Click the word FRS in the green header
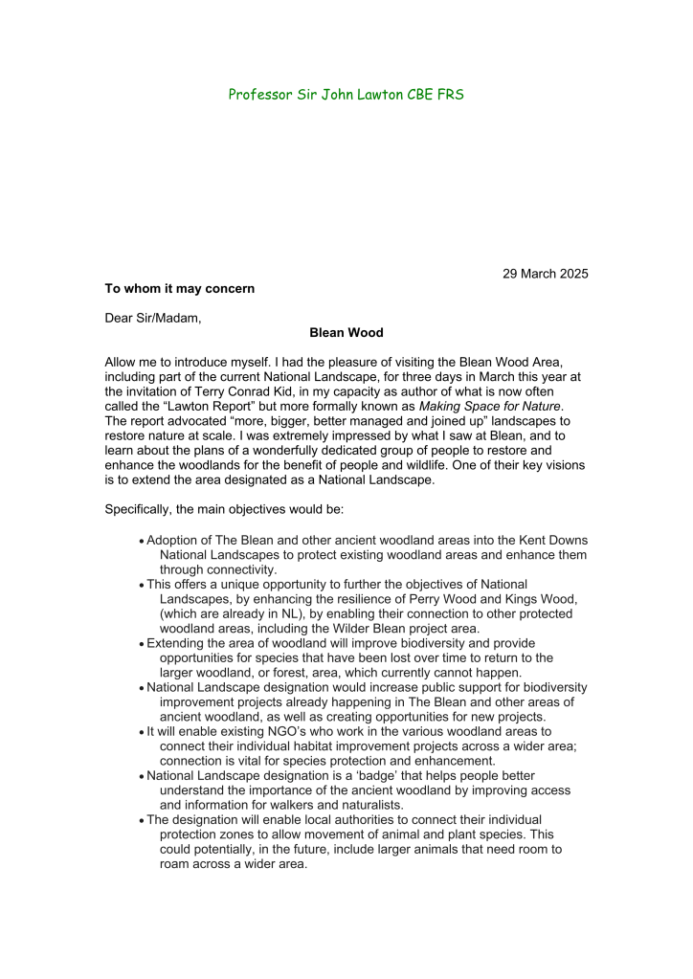pyautogui.click(x=451, y=95)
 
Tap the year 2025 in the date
pyautogui.click(x=571, y=274)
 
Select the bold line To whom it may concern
pyautogui.click(x=180, y=288)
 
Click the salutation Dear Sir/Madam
pyautogui.click(x=153, y=318)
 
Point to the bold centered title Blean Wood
pyautogui.click(x=346, y=333)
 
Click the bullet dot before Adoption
pyautogui.click(x=142, y=542)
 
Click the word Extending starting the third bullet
pyautogui.click(x=177, y=642)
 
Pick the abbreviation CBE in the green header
pyautogui.click(x=414, y=95)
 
